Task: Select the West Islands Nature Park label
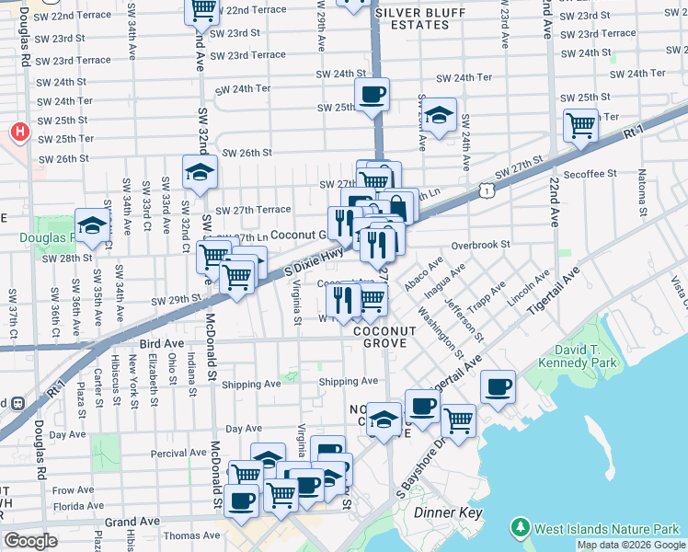[607, 528]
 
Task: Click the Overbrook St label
[480, 245]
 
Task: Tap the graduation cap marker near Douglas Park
[92, 225]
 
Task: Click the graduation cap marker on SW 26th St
[199, 171]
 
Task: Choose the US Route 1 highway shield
[486, 190]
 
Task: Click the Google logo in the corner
[30, 541]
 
